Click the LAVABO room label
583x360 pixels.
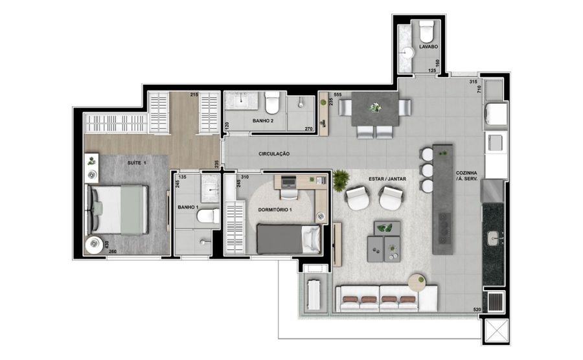(x=428, y=47)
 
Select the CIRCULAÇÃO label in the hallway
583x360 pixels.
(x=274, y=154)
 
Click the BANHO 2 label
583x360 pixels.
(x=263, y=120)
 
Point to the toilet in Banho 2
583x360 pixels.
(x=272, y=103)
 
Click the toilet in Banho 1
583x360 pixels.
(x=209, y=216)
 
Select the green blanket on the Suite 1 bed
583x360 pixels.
(x=132, y=210)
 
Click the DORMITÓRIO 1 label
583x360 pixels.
(x=275, y=210)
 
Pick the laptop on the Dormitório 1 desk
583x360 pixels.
(x=288, y=182)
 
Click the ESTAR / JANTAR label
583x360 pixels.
(x=387, y=179)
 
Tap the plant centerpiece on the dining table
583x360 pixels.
(x=375, y=107)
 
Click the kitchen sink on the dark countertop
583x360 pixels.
(x=494, y=238)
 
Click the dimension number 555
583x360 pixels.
(x=337, y=95)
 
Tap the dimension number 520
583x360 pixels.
(x=477, y=309)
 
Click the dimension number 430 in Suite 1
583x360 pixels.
(x=107, y=245)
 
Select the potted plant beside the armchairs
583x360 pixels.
(x=339, y=180)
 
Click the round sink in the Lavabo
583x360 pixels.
(x=407, y=52)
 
